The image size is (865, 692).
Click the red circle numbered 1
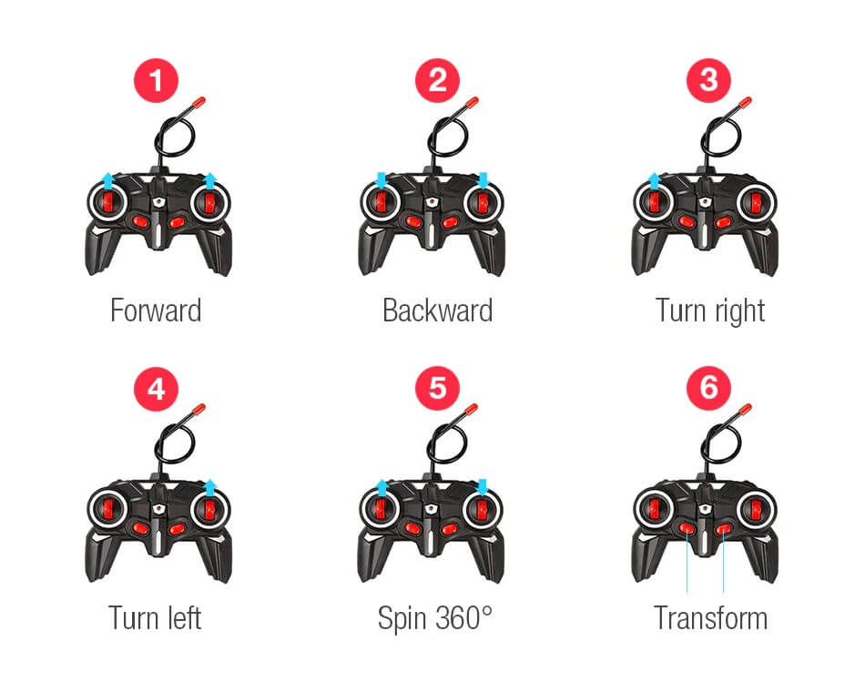pos(156,80)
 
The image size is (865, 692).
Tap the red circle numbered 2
pos(437,80)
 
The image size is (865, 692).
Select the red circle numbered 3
pos(709,80)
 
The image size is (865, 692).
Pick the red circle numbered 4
pos(156,389)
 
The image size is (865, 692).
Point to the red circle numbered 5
pos(437,389)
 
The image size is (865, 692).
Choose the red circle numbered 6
pos(709,389)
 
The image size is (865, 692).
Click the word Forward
pos(156,310)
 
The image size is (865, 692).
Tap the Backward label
pos(437,310)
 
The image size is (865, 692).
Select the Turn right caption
pos(710,311)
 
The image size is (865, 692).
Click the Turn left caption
pos(155,618)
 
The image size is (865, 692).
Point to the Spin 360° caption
pos(435,618)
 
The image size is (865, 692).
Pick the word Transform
pos(710,618)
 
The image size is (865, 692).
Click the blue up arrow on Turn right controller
pos(654,180)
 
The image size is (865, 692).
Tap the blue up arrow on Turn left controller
pos(209,488)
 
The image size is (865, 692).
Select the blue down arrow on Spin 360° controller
pos(483,487)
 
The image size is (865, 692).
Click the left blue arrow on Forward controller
pos(108,180)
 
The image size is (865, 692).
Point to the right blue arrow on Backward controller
pos(483,179)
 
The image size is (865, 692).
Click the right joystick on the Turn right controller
pos(756,203)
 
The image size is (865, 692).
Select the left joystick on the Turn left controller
pos(107,510)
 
